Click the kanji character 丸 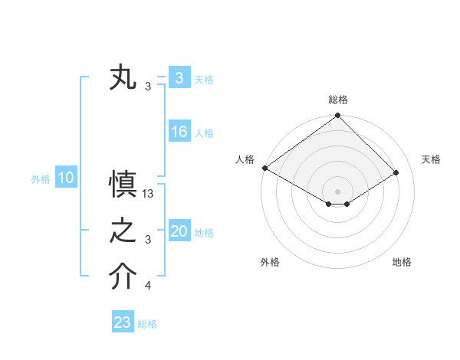123,79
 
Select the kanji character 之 123,232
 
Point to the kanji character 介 123,278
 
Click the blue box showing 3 179,77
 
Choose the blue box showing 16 179,132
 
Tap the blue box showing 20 179,231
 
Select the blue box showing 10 65,178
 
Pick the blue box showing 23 123,322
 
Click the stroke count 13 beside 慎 149,194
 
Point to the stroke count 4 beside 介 148,286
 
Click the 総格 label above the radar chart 338,100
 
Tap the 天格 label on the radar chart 431,159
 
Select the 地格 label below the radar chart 402,262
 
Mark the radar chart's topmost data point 338,116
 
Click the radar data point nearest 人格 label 264,168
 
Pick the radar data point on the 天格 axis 396,172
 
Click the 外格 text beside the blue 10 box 41,179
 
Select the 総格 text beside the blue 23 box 147,324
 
